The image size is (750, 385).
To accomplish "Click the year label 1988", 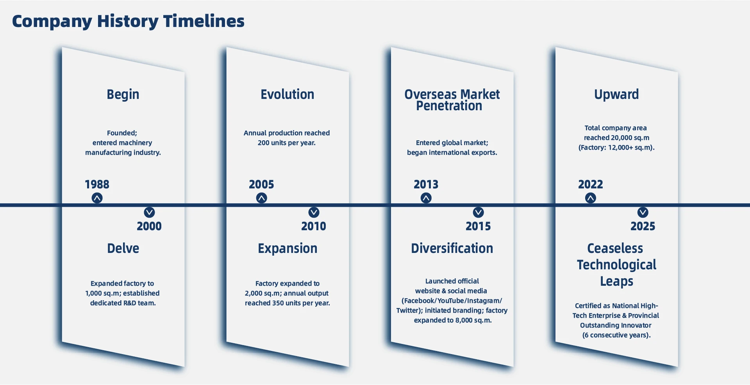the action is coord(97,184).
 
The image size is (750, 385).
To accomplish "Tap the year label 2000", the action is coord(149,226).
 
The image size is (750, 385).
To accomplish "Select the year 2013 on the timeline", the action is coord(426,184).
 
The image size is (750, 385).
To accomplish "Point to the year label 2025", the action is coord(643,226).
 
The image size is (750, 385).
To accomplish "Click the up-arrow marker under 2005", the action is coord(262,198).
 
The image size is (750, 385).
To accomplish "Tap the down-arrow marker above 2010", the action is coord(314,212).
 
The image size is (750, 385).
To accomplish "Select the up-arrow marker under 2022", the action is coord(591,198).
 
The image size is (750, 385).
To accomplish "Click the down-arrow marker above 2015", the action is coord(479,212).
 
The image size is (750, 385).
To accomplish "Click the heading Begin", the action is coord(123,95).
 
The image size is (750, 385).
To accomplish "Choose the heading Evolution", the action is coord(287,94).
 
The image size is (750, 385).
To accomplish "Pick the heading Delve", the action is coord(123,248).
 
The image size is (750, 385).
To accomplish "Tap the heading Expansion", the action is coord(287,249).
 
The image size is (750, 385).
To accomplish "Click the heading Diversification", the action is coord(452,248).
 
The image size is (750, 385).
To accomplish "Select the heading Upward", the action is coord(616,95).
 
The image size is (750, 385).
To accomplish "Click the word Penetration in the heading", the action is coord(449,106).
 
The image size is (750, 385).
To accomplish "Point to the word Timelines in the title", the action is coord(204,21).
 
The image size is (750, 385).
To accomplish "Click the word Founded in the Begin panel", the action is coord(121,133).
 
